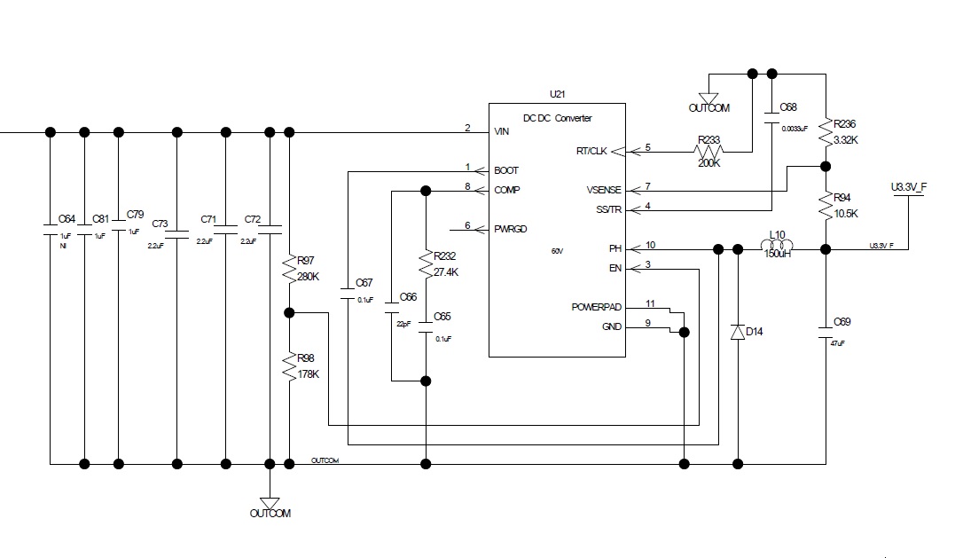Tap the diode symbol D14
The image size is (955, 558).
(x=737, y=332)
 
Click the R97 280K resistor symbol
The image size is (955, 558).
(x=289, y=269)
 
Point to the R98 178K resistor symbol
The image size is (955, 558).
(x=289, y=368)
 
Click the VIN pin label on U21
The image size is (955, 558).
(x=502, y=131)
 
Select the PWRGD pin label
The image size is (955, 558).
(x=511, y=228)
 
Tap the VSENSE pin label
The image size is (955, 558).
(x=604, y=190)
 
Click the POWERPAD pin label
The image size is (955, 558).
(x=597, y=307)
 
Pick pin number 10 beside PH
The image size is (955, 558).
(x=650, y=245)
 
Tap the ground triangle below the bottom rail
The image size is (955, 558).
(x=270, y=501)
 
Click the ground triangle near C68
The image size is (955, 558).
(x=708, y=98)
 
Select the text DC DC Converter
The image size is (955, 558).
(x=557, y=118)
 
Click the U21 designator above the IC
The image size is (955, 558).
(x=557, y=94)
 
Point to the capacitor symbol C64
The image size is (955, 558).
(x=51, y=229)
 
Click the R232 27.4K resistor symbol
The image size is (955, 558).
(x=426, y=263)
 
